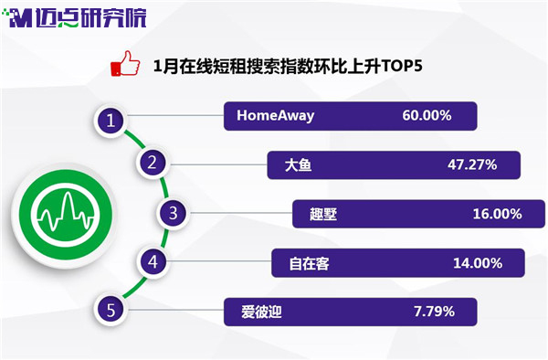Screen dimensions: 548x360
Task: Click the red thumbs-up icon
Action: tap(125, 64)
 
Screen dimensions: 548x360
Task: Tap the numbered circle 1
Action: tap(111, 121)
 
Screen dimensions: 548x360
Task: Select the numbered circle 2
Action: tap(152, 163)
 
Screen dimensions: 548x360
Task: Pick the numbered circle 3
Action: tap(173, 213)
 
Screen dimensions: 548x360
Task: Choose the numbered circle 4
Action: tap(153, 262)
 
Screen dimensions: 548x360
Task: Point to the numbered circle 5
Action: tap(111, 310)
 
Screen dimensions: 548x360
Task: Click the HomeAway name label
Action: tap(276, 116)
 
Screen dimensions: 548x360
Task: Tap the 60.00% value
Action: tap(427, 115)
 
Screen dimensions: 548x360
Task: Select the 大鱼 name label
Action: tap(298, 165)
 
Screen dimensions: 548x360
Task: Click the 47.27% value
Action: tap(472, 164)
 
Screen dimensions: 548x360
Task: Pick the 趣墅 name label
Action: tap(323, 214)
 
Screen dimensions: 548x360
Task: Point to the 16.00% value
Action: tap(498, 214)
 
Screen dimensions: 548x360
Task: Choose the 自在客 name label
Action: tap(310, 263)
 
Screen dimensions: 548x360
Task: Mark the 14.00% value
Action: tap(478, 263)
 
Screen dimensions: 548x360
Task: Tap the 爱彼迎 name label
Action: tap(261, 312)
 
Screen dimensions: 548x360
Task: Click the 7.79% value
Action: tap(434, 311)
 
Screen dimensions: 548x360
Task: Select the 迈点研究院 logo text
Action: tap(90, 17)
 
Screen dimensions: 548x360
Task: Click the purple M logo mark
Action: tap(21, 18)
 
